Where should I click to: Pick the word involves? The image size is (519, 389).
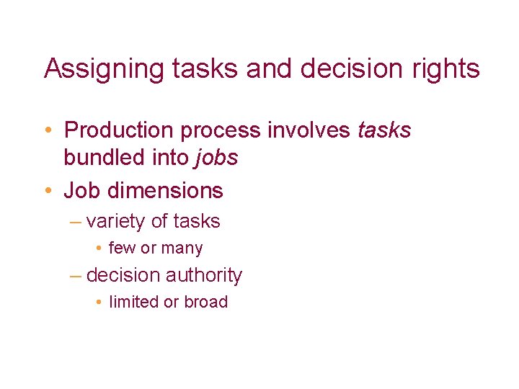tap(311, 130)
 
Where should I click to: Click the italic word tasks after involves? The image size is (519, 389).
tap(384, 130)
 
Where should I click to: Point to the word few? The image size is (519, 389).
tap(122, 249)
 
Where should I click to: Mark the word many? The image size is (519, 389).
tap(182, 249)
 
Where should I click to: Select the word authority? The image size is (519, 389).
tap(204, 275)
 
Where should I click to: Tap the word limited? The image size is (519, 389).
tap(134, 302)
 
